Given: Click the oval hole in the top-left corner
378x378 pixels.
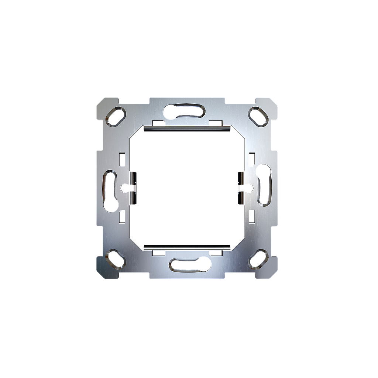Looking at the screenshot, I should tap(116, 116).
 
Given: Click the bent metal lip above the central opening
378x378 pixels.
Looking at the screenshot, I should tap(187, 127).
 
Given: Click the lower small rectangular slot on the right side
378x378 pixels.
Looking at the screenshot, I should tap(252, 216).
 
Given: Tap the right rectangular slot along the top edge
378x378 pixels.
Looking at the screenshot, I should tap(215, 123).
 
